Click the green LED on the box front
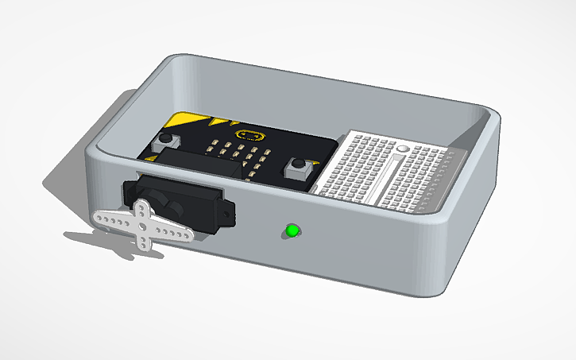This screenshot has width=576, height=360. tap(292, 231)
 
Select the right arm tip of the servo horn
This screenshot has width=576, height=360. tap(187, 234)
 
